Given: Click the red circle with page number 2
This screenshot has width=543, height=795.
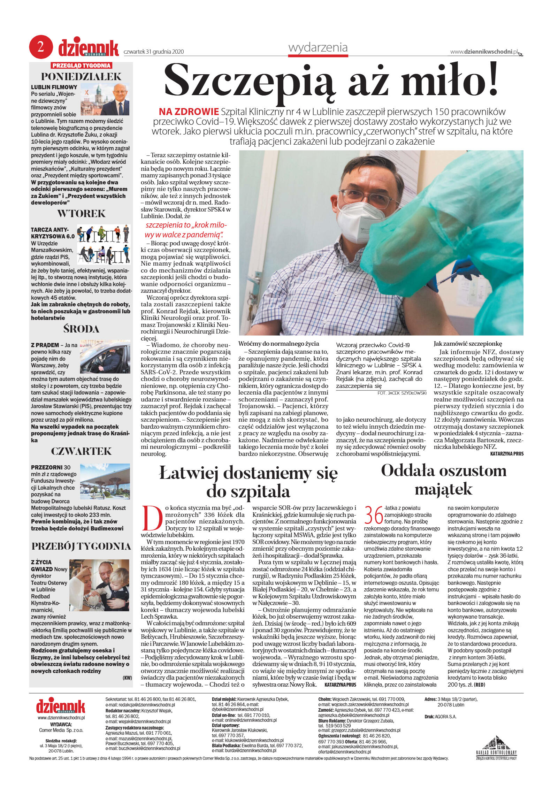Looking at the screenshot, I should pos(41,47).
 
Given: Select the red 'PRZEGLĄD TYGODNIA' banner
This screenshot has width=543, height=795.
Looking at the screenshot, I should pos(82,66).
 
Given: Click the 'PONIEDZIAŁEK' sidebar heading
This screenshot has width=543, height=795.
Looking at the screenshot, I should pos(81,76).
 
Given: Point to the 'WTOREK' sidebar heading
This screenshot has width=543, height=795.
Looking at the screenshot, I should pos(81,213).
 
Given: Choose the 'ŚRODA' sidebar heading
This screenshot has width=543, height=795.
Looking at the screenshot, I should pos(81,329).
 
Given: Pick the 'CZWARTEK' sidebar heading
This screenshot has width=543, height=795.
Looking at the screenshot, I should pos(81,451).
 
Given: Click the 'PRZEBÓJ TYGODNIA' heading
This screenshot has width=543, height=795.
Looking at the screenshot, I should pos(81,546).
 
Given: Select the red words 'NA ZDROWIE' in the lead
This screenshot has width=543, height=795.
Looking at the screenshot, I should pos(189,112).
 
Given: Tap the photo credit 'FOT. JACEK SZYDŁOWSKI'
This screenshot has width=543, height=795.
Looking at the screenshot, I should pos(402,393).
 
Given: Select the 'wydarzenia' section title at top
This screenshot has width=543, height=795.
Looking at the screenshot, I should pos(318,47).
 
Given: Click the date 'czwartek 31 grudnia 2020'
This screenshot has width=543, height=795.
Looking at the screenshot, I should pos(154,52).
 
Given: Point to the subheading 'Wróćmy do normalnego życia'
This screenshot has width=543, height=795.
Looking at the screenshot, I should pos(278,344).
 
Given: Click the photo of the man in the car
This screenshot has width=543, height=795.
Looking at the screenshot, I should pos(105,357).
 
